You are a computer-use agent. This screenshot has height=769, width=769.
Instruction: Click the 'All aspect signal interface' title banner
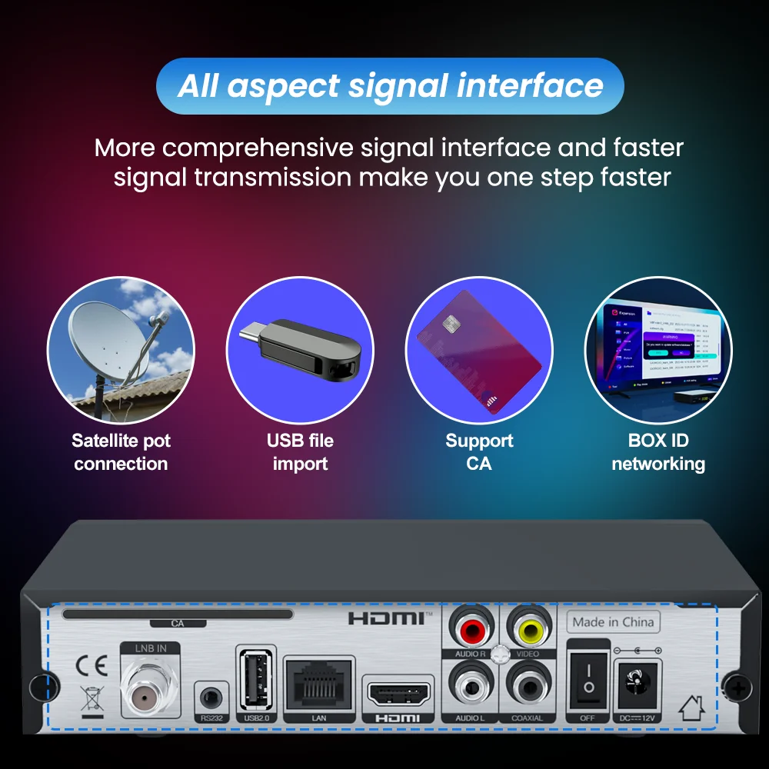[x=390, y=86]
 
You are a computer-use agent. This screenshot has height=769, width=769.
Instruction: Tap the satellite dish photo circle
[x=121, y=351]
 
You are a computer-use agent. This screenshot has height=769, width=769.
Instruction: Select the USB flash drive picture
[x=300, y=351]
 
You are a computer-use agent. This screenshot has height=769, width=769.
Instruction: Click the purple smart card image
[x=479, y=351]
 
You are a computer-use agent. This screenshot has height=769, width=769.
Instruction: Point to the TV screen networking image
[x=657, y=351]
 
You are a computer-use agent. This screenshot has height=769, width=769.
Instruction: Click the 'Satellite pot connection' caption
[x=121, y=452]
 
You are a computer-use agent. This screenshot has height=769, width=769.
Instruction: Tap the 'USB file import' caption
[x=300, y=452]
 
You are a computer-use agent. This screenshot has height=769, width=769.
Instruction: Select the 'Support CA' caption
[x=479, y=452]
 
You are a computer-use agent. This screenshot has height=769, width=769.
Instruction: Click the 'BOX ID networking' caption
[x=657, y=452]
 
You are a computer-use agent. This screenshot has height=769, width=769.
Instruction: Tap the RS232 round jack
[x=211, y=698]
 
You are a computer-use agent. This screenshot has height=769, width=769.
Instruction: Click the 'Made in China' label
[x=613, y=622]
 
